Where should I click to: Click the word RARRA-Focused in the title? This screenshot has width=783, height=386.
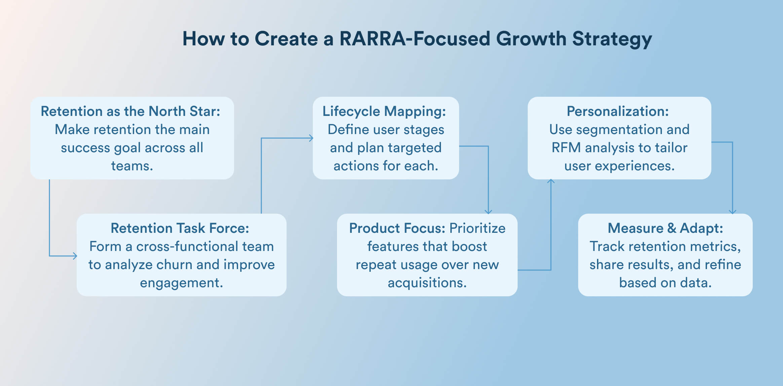pos(415,39)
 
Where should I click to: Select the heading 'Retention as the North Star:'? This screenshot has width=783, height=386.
pos(130,111)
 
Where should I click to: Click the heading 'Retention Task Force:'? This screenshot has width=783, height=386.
pos(180,228)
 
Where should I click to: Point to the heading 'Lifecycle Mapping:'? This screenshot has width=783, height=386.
pos(384,111)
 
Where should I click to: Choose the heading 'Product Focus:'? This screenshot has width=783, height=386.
pos(397,228)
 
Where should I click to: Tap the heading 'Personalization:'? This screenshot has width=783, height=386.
pos(618,111)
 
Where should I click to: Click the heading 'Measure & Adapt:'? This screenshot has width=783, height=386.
pos(665,228)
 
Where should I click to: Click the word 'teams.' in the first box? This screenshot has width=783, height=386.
pos(132,166)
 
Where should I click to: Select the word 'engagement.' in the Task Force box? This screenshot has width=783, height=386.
pos(181,283)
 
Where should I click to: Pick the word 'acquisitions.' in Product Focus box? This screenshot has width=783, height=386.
pos(427,283)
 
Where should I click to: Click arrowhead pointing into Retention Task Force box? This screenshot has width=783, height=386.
pos(75,256)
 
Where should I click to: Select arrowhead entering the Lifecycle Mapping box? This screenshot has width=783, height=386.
pos(311,138)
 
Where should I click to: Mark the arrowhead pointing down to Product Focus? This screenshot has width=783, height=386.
pos(488,212)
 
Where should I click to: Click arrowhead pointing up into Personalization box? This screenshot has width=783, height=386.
pos(551,181)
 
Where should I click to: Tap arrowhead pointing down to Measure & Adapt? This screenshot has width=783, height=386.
pos(733,212)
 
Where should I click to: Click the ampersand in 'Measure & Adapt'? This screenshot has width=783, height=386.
pos(671,228)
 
